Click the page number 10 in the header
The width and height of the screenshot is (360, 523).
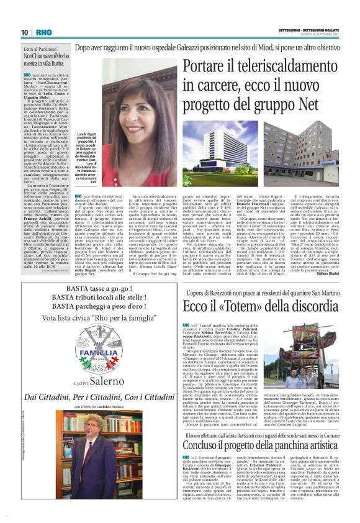[x=24, y=32]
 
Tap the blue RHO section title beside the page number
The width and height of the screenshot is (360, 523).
[x=43, y=32]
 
